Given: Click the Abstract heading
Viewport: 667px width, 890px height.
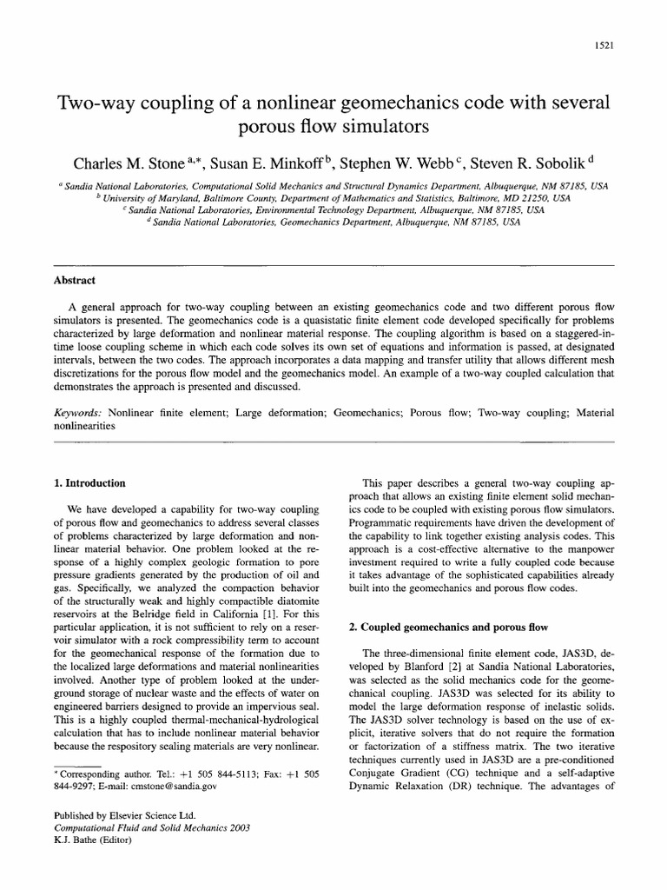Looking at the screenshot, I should pos(74,281).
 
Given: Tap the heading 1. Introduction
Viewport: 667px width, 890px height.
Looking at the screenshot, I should pos(89,482).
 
